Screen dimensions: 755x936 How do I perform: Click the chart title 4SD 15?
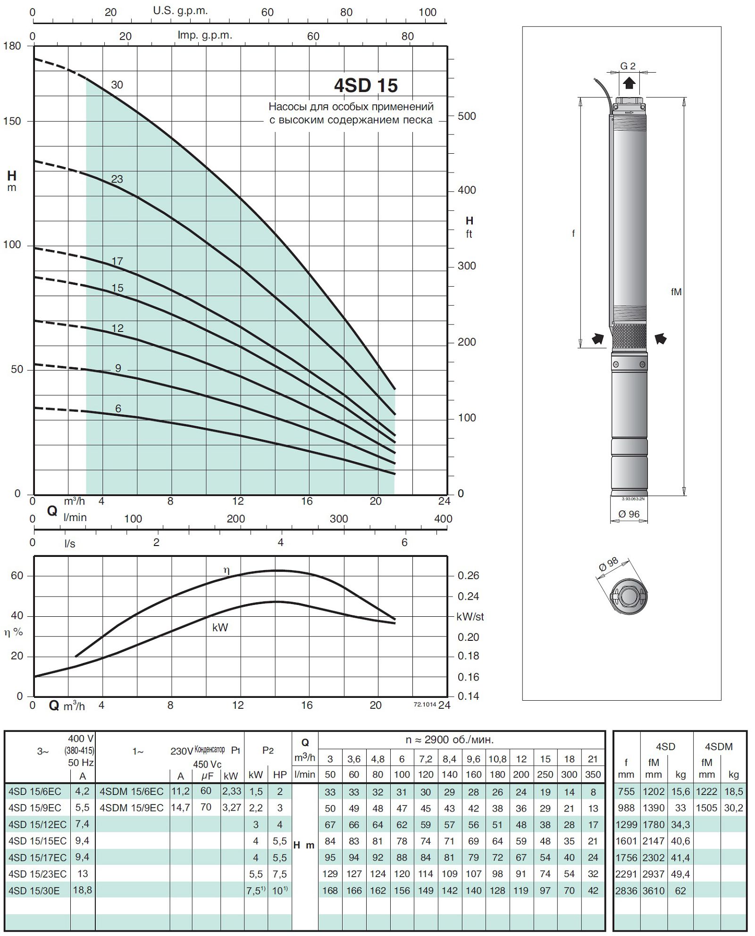point(366,85)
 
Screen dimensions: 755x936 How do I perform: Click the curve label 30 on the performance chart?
point(117,85)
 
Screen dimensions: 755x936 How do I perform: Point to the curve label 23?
point(117,179)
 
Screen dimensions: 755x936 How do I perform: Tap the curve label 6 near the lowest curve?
point(118,408)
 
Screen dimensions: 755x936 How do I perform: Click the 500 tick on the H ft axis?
point(467,116)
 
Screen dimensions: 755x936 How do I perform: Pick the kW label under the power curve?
point(220,627)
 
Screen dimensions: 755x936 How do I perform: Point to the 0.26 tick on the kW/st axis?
point(468,576)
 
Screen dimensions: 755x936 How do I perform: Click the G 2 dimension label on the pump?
point(628,66)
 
